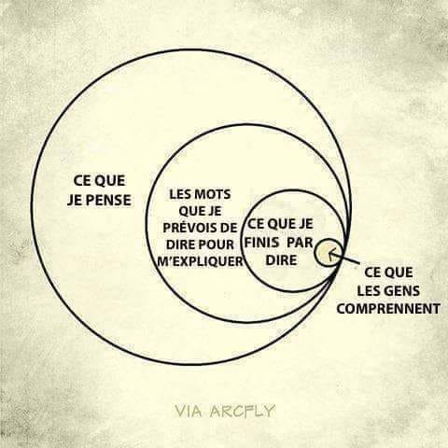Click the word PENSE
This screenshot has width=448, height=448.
(x=108, y=200)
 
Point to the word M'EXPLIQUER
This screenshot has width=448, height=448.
(x=200, y=261)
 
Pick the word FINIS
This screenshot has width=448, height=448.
(x=261, y=243)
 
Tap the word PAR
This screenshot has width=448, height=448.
(x=300, y=243)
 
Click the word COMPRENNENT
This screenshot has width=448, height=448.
(x=388, y=309)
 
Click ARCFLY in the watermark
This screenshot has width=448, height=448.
(x=242, y=411)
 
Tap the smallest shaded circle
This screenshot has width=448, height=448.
(x=329, y=253)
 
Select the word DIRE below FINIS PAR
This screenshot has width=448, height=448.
(x=281, y=260)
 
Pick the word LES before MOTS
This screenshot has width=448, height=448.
(x=180, y=194)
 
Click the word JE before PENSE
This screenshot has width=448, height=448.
(x=74, y=200)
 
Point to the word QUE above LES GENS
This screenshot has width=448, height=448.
(x=399, y=273)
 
